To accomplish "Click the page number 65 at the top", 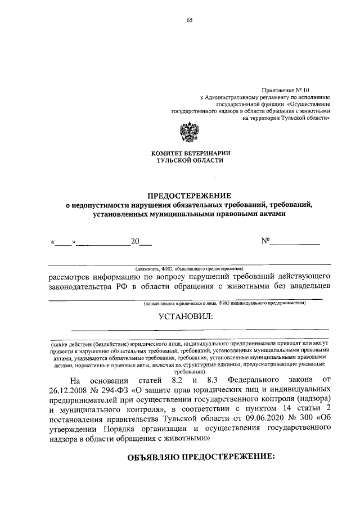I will pos(190,20).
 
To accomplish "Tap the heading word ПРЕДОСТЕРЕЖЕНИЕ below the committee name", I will pos(190,196).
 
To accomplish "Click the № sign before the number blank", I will pos(265,242).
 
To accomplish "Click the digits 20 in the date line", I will pos(134,242).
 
